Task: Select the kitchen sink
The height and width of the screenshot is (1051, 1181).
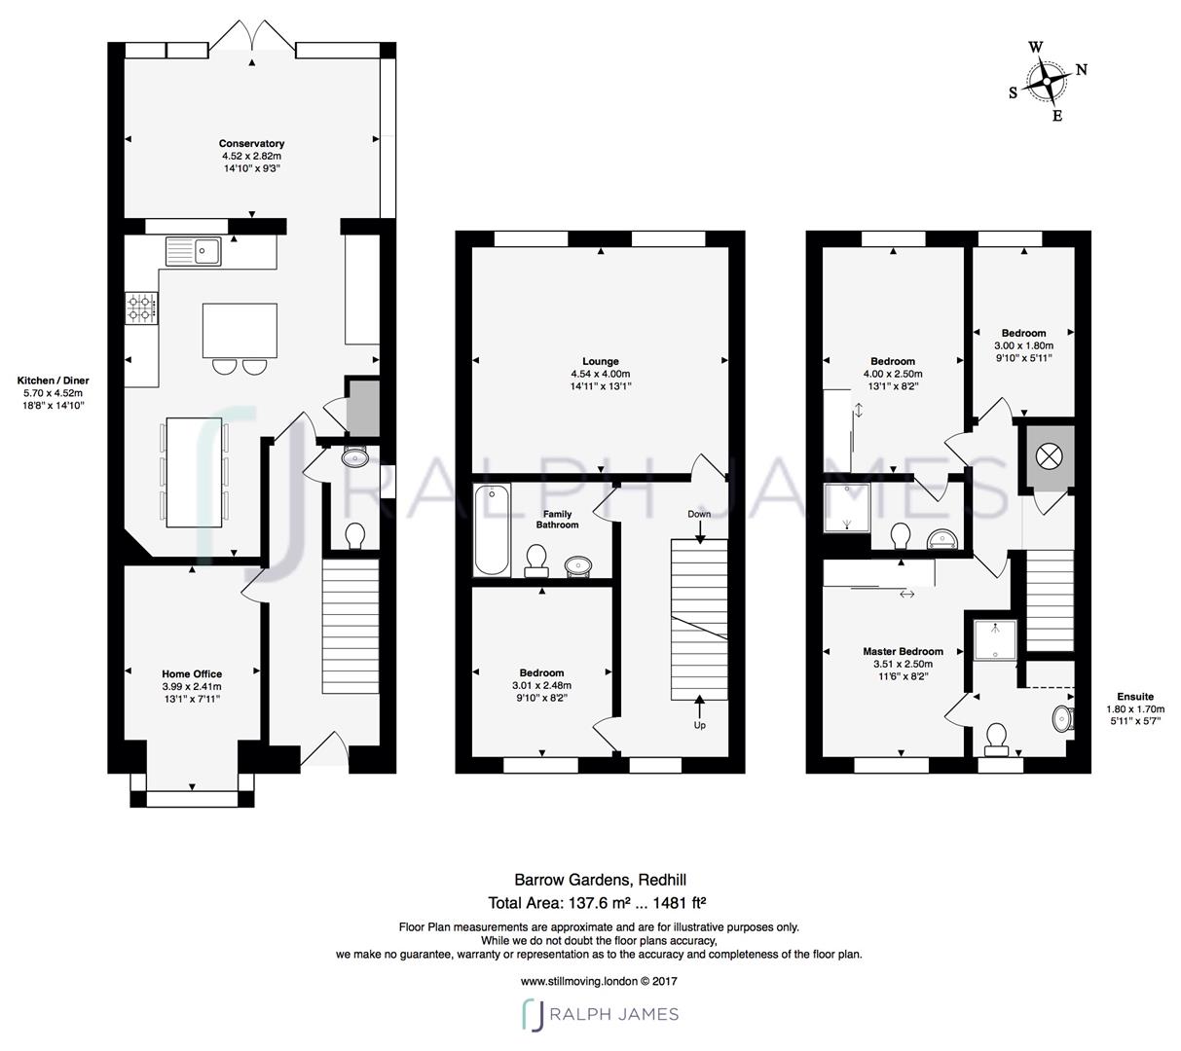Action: (x=194, y=252)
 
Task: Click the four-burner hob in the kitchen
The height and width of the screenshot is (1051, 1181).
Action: (x=140, y=308)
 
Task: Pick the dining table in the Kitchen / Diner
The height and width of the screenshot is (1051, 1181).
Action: (x=195, y=472)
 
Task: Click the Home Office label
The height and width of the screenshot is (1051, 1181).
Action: (x=192, y=673)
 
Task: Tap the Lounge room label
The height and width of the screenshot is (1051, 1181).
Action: (x=600, y=362)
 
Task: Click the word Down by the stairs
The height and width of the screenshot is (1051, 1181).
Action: (x=699, y=514)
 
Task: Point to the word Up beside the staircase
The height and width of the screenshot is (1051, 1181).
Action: (x=699, y=725)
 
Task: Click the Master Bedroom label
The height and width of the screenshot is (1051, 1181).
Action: (x=903, y=652)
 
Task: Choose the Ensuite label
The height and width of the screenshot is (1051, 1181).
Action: (x=1135, y=697)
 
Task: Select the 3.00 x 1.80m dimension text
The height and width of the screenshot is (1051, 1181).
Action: (x=1023, y=345)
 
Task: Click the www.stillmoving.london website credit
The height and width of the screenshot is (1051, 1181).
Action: (x=598, y=981)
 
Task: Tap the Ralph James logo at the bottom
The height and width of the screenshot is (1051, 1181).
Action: (x=600, y=1014)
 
